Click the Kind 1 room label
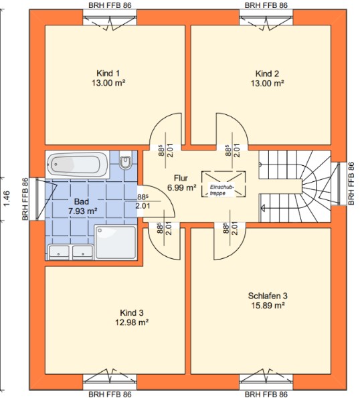[108, 74]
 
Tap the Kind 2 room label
[267, 74]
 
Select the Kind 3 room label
[132, 313]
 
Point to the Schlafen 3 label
[268, 296]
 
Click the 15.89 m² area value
[268, 305]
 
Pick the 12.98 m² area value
[132, 322]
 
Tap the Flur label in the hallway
[181, 178]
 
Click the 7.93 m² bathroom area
[83, 211]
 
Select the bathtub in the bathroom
[78, 164]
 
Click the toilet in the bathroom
[125, 159]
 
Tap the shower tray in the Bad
[116, 242]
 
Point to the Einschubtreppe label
[221, 190]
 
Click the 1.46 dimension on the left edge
[7, 199]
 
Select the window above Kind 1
[110, 21]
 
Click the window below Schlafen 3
[266, 378]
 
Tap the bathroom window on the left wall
[38, 199]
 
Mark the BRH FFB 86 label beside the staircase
[351, 183]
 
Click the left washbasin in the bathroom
[59, 252]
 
